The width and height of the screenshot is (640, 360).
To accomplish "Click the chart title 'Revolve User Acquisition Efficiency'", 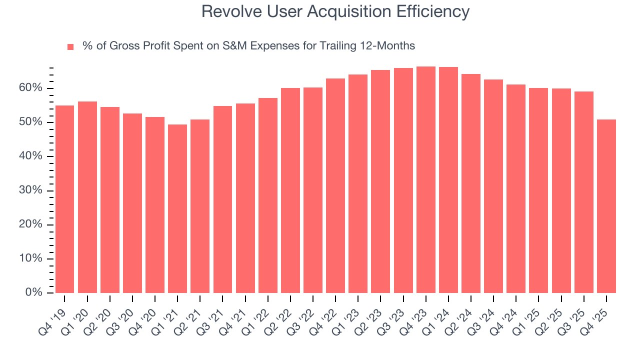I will pyautogui.click(x=335, y=11).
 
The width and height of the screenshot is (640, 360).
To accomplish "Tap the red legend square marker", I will pyautogui.click(x=70, y=46).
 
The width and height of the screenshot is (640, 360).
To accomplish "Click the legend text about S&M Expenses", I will pyautogui.click(x=248, y=46).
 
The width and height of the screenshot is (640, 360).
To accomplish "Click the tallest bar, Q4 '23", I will pyautogui.click(x=426, y=179).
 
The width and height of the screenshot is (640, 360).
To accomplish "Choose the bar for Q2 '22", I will pyautogui.click(x=290, y=190).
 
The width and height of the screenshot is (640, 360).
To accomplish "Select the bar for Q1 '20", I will pyautogui.click(x=87, y=197).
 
